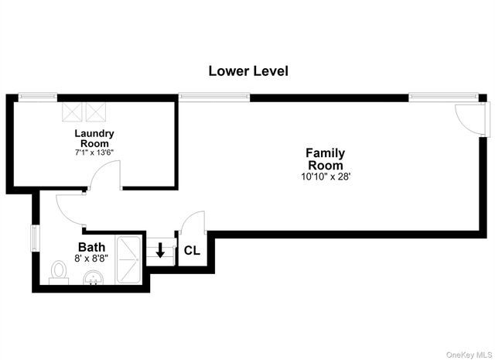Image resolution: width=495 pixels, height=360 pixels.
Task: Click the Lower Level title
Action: [248, 71]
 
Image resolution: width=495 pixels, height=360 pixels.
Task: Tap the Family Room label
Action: [326, 159]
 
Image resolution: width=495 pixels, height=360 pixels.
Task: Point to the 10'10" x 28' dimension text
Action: [326, 177]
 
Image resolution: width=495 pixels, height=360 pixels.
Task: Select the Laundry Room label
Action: [94, 138]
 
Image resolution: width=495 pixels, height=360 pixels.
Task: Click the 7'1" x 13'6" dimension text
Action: [94, 153]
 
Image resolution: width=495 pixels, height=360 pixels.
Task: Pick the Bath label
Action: [91, 247]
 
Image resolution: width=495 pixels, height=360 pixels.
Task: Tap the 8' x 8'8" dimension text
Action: [91, 259]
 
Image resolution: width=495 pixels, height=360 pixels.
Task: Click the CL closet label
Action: [192, 251]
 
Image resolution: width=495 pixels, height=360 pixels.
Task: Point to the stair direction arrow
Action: [160, 250]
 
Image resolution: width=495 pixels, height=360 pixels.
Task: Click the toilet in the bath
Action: [59, 273]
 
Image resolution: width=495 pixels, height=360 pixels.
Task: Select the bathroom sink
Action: [93, 277]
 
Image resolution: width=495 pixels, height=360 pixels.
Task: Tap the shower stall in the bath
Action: [128, 260]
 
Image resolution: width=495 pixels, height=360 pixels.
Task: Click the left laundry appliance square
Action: [72, 112]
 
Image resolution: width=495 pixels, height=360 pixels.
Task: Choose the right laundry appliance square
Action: [96, 112]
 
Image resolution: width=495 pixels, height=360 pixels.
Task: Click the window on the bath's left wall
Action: [35, 238]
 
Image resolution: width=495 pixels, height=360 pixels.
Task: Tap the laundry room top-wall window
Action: [38, 97]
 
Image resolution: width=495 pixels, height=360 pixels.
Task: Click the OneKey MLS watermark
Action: [469, 355]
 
